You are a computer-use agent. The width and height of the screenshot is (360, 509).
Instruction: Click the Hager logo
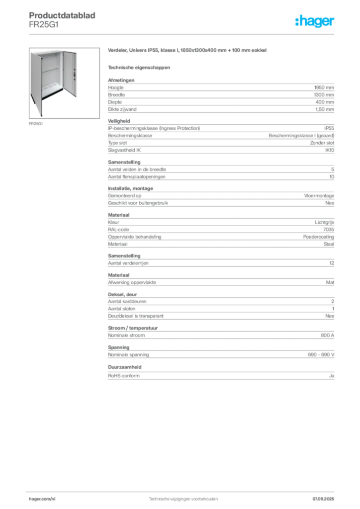315,21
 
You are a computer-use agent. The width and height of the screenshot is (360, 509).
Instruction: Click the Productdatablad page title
62,15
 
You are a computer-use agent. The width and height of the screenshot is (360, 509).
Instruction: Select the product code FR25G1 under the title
44,25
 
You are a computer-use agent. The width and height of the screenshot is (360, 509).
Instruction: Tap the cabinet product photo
64,83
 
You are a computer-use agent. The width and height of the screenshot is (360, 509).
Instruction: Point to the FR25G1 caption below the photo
36,124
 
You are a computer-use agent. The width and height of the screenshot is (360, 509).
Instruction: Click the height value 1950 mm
324,87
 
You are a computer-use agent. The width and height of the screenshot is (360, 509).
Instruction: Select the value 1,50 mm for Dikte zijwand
325,109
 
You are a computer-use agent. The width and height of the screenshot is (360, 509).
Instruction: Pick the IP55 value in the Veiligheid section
329,128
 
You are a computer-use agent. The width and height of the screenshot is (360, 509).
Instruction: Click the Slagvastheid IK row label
124,150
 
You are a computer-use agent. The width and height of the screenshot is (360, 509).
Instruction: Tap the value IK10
330,150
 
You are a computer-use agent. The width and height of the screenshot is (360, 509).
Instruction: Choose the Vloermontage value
319,196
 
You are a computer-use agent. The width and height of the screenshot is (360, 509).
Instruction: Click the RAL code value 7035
329,230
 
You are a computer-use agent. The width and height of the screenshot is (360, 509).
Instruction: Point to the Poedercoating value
318,237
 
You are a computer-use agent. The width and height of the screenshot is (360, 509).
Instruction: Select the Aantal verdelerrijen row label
128,263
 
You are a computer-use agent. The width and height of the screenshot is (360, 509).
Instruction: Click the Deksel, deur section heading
122,294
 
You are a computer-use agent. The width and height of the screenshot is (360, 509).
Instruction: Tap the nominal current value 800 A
328,336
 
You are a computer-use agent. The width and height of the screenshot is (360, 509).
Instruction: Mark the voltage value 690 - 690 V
321,355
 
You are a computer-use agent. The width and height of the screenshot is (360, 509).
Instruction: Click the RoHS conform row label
124,376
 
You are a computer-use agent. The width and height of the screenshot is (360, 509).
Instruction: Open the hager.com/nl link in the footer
42,499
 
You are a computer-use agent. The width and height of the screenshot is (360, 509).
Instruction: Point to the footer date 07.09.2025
323,499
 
